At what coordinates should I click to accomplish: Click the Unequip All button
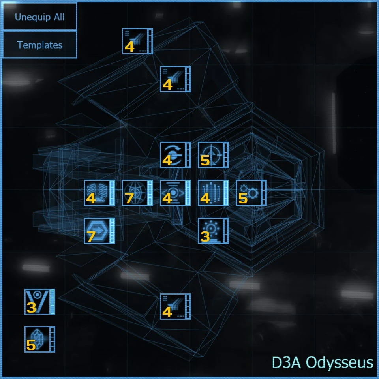[x=39, y=17]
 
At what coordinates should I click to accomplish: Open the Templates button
[x=39, y=45]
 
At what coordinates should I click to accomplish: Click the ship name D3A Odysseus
[x=323, y=362]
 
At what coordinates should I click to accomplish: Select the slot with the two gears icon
[x=251, y=193]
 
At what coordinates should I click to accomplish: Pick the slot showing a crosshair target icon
[x=213, y=155]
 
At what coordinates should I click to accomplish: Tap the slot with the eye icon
[x=175, y=193]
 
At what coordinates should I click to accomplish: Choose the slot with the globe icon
[x=137, y=193]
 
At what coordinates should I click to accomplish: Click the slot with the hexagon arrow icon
[x=99, y=231]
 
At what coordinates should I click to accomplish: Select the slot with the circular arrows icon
[x=175, y=155]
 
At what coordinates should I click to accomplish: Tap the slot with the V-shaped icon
[x=39, y=302]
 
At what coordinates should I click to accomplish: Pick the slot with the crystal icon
[x=39, y=339]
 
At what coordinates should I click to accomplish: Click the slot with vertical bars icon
[x=213, y=193]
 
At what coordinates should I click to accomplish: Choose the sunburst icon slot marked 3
[x=213, y=231]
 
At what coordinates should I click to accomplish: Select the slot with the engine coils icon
[x=99, y=193]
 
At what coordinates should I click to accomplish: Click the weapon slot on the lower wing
[x=175, y=306]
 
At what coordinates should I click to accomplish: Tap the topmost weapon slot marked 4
[x=137, y=41]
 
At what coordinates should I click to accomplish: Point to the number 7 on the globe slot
[x=129, y=199]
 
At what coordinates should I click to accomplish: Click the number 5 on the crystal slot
[x=31, y=345]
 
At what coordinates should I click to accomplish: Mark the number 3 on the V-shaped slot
[x=31, y=308]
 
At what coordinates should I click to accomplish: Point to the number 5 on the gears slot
[x=243, y=199]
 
